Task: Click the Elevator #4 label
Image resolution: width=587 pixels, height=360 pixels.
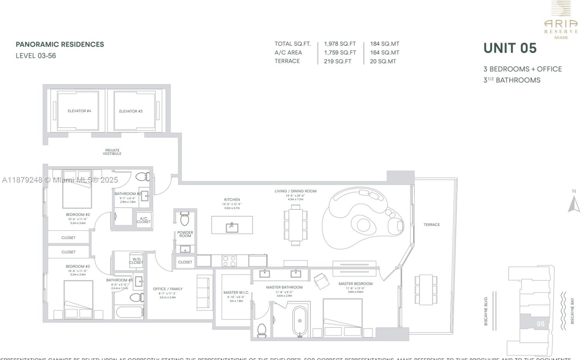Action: [x=79, y=111]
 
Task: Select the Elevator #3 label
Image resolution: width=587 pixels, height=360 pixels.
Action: [x=131, y=111]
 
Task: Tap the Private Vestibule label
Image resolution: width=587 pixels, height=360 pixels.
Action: [x=112, y=152]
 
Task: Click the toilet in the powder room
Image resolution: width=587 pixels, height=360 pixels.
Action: [x=185, y=219]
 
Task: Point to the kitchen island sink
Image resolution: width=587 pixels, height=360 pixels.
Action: [x=232, y=227]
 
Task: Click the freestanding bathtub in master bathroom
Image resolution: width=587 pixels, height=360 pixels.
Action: [x=300, y=321]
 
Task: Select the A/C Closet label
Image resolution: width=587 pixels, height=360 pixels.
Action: [x=143, y=220]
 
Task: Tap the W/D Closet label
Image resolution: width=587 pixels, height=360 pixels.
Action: [x=136, y=261]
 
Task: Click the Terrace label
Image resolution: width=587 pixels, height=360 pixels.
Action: [x=431, y=225]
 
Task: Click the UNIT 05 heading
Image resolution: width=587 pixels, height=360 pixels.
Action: [x=510, y=48]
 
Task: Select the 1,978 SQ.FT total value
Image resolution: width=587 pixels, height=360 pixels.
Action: [x=340, y=44]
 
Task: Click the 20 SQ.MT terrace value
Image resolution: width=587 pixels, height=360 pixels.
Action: [x=383, y=62]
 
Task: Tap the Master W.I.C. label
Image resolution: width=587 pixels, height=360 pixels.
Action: [x=236, y=293]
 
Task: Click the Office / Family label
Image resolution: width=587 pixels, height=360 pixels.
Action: [x=168, y=289]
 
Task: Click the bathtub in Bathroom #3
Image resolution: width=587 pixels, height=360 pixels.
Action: [x=130, y=313]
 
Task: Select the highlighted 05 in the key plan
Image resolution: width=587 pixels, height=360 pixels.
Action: [x=540, y=324]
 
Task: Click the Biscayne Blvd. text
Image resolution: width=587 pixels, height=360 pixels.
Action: [x=486, y=311]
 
